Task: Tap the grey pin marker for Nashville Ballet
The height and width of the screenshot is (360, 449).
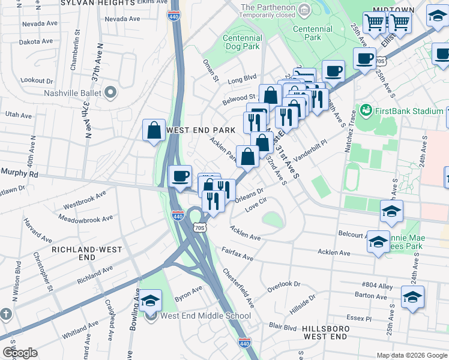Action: tap(110, 92)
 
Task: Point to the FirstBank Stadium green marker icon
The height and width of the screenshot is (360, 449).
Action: tap(366, 110)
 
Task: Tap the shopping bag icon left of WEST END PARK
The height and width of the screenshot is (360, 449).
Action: tap(154, 130)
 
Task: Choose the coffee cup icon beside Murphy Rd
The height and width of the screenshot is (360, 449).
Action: tap(180, 176)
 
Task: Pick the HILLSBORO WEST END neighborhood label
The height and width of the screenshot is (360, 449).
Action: tap(326, 333)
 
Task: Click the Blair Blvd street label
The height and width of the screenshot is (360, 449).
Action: tap(283, 327)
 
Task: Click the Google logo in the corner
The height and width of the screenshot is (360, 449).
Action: tap(20, 353)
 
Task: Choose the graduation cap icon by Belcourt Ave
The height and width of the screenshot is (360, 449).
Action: tap(378, 241)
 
